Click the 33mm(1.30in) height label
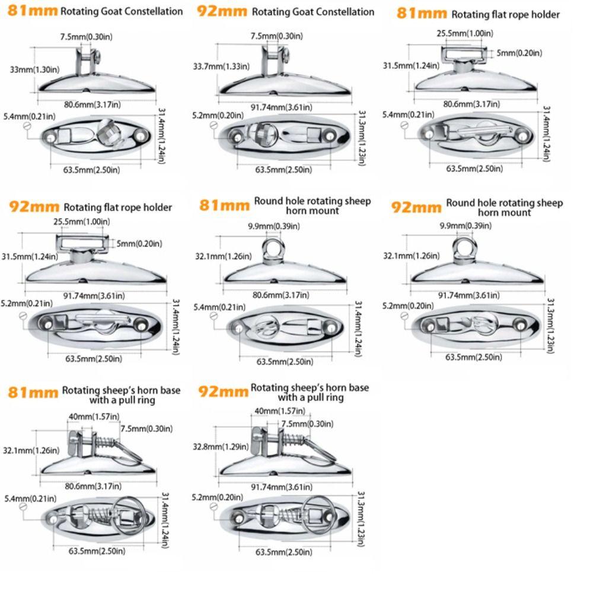[34, 70]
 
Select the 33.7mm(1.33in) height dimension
[224, 66]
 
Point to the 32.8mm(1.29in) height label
[220, 447]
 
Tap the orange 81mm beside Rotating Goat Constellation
[33, 11]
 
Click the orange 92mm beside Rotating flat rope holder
[34, 207]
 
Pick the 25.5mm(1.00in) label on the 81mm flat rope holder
[460, 33]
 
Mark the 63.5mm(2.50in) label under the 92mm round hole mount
[474, 357]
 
